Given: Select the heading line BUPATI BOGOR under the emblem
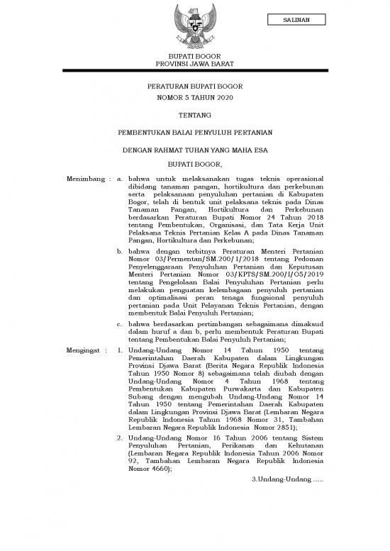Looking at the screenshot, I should tap(194, 55).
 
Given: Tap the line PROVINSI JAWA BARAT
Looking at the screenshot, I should tap(194, 64).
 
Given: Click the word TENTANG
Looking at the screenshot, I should tap(194, 114).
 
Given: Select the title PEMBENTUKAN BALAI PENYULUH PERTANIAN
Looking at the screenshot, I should tap(194, 133).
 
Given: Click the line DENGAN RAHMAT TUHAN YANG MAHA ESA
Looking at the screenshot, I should tap(194, 150).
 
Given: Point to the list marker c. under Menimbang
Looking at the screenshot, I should tap(120, 323).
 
